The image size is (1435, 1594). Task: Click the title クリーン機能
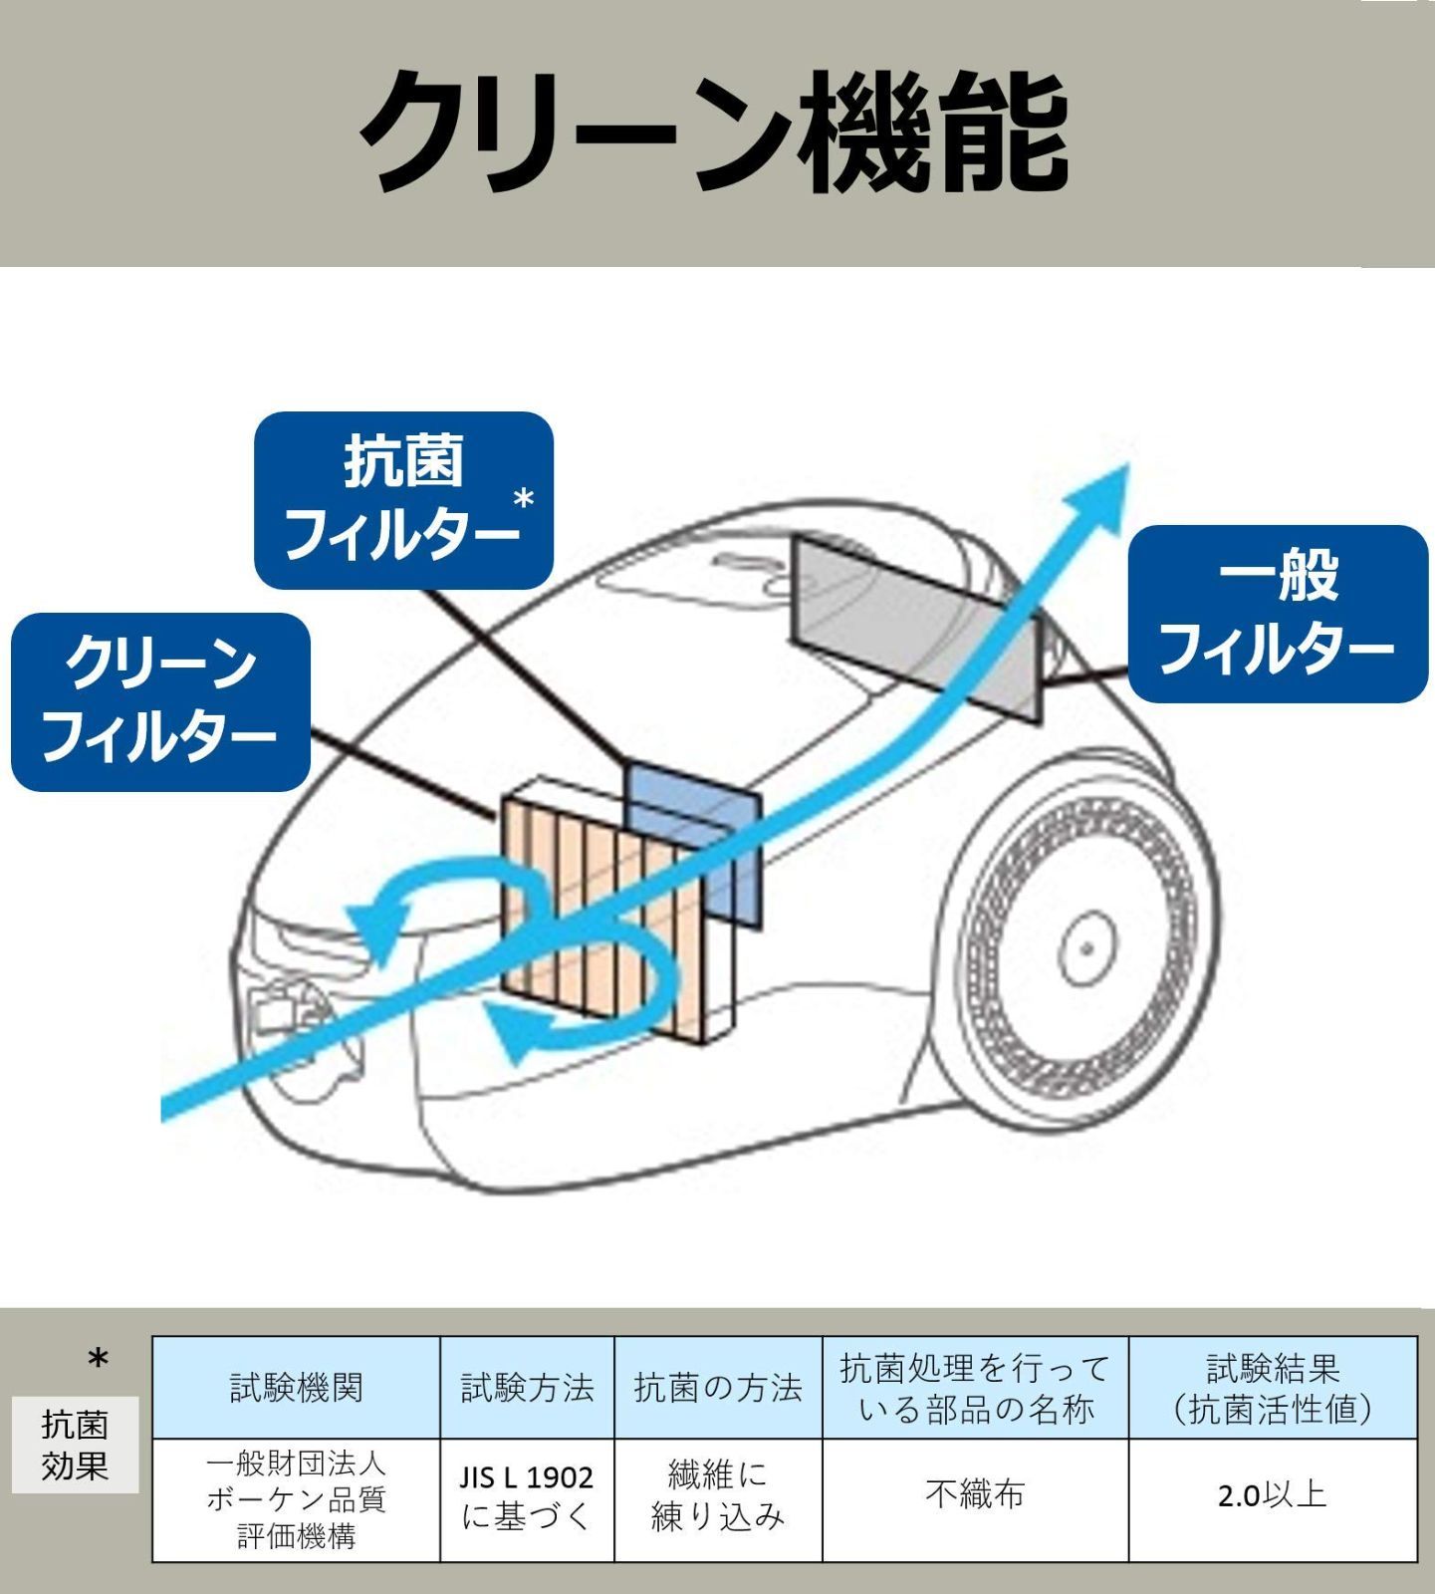click(x=715, y=133)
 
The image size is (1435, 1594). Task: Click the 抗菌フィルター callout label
click(x=403, y=500)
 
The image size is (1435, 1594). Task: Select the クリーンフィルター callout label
click(x=160, y=701)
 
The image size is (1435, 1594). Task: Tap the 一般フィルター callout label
click(x=1278, y=614)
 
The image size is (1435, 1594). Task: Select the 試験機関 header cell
click(x=296, y=1387)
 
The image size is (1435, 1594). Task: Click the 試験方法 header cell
click(x=527, y=1387)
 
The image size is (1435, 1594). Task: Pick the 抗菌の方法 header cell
click(x=718, y=1387)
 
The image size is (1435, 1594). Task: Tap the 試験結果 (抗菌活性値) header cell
click(x=1273, y=1387)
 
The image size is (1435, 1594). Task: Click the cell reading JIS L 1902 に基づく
click(x=527, y=1497)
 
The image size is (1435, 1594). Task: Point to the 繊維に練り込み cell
click(x=718, y=1497)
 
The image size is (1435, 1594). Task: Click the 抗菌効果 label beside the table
click(x=75, y=1445)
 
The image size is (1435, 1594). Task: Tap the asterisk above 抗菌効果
click(x=98, y=1360)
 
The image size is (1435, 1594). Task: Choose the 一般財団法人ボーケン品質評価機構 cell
click(x=296, y=1499)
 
